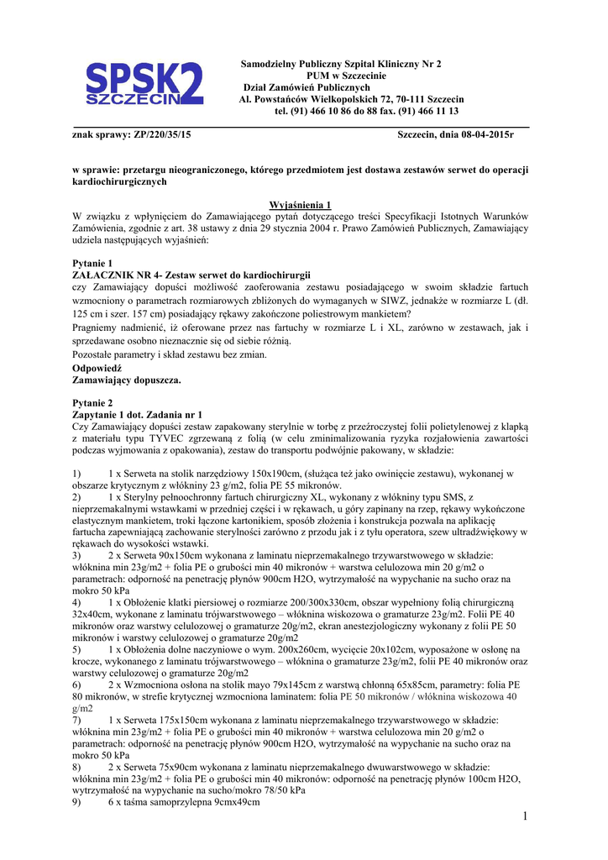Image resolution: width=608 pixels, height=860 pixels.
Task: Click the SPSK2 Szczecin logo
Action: [144, 84]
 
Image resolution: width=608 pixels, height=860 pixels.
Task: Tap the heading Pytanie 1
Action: [92, 263]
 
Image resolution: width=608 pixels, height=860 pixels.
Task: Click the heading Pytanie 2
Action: [92, 403]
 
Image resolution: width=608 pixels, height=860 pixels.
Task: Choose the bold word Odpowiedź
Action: [97, 368]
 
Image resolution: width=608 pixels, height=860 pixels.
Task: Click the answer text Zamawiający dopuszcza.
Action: [127, 380]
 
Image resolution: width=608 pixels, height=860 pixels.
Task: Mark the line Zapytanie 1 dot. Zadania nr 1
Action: [138, 415]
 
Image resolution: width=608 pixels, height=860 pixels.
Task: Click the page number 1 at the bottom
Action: [522, 817]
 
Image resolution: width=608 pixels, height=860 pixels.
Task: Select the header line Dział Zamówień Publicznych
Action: [307, 87]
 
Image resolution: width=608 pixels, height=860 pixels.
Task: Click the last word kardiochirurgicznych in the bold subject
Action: [120, 181]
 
